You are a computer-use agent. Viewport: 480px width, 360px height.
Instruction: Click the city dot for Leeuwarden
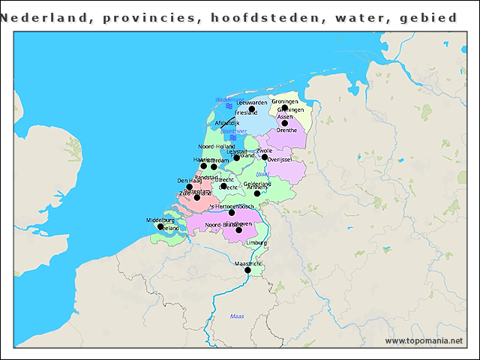252,109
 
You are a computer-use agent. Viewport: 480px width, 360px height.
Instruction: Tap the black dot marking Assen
285,123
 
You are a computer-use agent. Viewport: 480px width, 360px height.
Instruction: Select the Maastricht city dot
247,270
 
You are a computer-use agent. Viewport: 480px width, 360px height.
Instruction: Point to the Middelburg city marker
160,226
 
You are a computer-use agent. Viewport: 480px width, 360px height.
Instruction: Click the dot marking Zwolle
265,157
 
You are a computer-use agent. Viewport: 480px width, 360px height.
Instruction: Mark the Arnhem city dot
256,193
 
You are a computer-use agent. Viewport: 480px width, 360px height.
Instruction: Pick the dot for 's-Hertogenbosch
232,212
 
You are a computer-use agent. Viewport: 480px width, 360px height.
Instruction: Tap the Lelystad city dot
236,157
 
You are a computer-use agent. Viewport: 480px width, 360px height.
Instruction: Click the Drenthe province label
286,130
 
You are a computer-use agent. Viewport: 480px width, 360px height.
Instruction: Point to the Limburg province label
256,243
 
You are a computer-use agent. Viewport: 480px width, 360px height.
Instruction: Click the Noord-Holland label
216,146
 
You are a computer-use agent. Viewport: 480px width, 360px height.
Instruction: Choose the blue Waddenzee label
229,100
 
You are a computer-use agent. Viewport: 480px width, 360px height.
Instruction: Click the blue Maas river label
237,316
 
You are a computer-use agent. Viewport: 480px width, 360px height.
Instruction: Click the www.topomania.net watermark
424,341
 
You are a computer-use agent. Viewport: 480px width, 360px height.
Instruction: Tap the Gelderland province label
257,184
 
